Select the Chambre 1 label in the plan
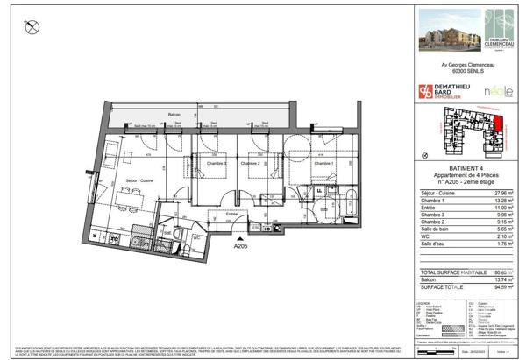click(323, 164)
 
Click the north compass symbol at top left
click(32, 28)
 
